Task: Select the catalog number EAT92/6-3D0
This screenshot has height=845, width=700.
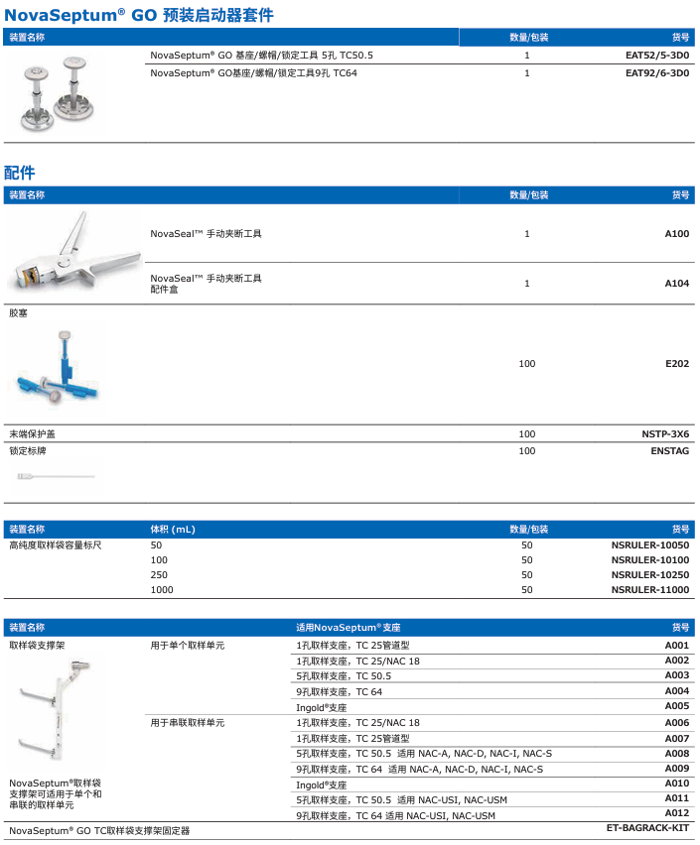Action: coord(656,72)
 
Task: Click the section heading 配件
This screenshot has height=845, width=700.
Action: coord(19,173)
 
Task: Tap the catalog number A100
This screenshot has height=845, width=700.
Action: coord(676,234)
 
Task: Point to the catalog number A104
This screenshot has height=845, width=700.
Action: coord(676,284)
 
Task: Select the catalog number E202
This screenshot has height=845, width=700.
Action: coord(676,364)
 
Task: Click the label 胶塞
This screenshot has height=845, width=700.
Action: coord(19,312)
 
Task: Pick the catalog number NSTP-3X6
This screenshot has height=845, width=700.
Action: coord(665,434)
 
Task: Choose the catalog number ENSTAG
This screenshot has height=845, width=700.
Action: coord(669,451)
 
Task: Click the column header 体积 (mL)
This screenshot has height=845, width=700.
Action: coord(173,530)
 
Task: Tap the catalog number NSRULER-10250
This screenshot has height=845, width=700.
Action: coord(649,575)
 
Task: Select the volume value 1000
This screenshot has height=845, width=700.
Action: coord(162,590)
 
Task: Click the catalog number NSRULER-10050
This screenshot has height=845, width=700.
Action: coord(649,545)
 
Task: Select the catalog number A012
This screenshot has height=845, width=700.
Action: coord(676,813)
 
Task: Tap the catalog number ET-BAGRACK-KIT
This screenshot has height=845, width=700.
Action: coord(647,827)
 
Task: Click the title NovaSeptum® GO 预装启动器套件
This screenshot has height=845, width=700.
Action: coord(139,15)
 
